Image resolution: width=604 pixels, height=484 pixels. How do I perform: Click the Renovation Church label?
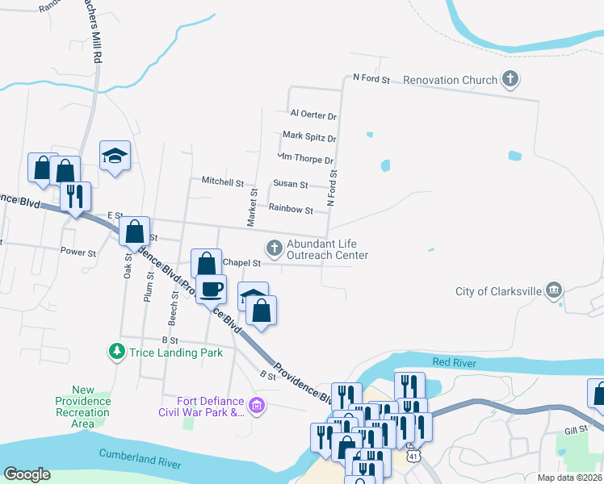pyautogui.click(x=448, y=80)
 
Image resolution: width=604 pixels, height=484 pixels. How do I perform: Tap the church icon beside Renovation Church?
pyautogui.click(x=510, y=79)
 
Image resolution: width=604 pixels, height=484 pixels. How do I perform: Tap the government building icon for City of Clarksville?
pyautogui.click(x=554, y=290)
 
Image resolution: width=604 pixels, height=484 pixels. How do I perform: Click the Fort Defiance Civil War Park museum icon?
pyautogui.click(x=258, y=404)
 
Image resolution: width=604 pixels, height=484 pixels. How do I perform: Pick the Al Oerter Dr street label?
pyautogui.click(x=313, y=115)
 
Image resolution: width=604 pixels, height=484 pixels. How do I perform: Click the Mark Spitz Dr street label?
pyautogui.click(x=309, y=137)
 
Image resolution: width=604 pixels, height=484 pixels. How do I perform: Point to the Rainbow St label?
pyautogui.click(x=291, y=210)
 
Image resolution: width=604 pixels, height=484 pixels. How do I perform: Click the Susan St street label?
pyautogui.click(x=291, y=185)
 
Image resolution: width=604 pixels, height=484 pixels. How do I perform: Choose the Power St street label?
pyautogui.click(x=78, y=252)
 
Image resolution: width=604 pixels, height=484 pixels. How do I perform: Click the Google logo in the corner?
pyautogui.click(x=27, y=474)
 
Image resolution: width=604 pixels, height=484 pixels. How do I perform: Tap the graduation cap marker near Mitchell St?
pyautogui.click(x=115, y=156)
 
